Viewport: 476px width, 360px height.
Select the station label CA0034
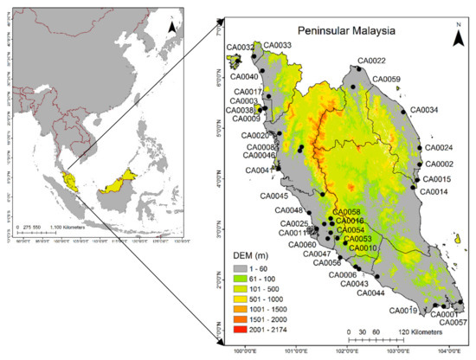(423, 110)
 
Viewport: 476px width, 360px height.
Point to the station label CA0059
(386, 80)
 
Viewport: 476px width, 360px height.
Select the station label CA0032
(240, 48)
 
